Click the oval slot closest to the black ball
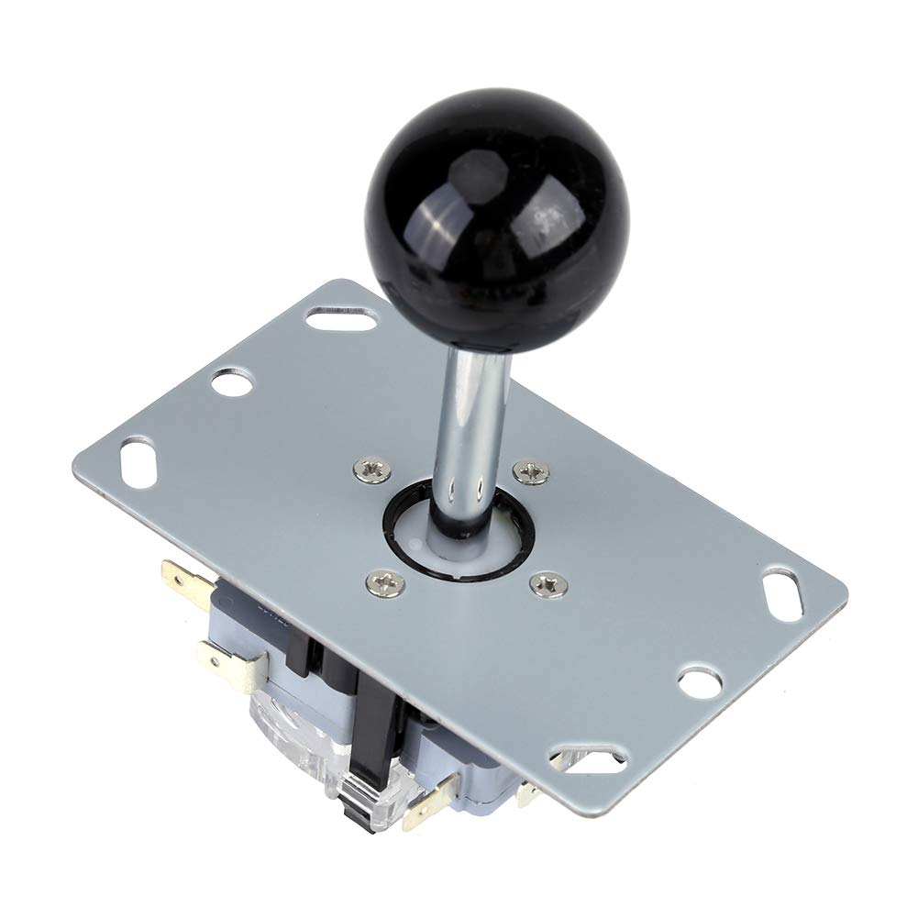[x=341, y=319]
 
